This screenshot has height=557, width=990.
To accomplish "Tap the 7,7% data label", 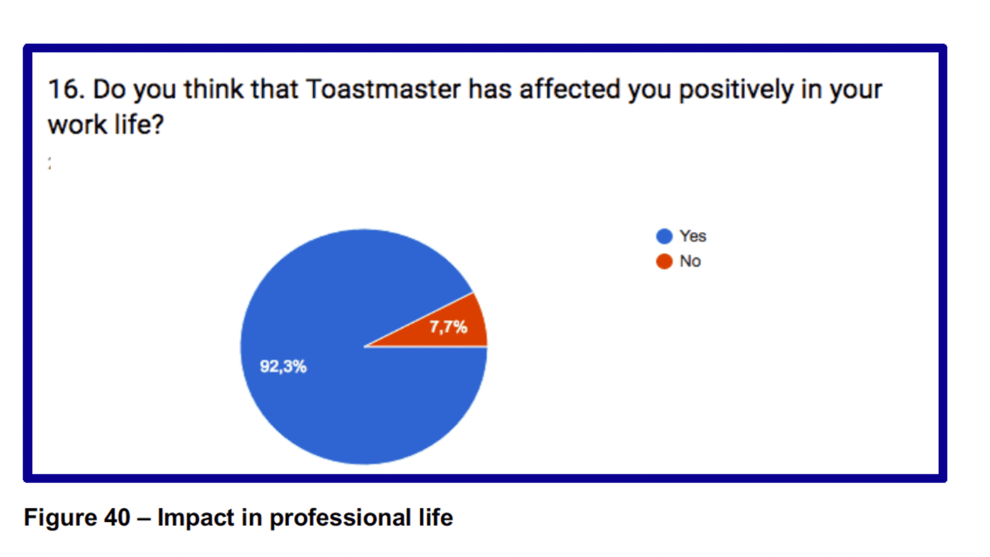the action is click(x=449, y=327).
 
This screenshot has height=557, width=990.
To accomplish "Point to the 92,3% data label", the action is click(x=283, y=367).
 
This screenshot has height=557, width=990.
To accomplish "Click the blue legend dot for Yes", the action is click(x=664, y=236).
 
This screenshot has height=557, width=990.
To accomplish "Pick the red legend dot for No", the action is click(x=664, y=261).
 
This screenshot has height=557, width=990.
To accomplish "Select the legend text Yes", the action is click(x=693, y=236).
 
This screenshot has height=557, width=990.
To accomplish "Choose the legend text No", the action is click(x=690, y=261).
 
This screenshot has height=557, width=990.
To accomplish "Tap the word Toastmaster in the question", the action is click(x=384, y=89).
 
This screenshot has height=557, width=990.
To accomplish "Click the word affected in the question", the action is click(x=570, y=89).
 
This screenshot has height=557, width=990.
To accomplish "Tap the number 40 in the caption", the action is click(x=117, y=518).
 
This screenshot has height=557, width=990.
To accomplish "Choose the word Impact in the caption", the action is click(x=196, y=518).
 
